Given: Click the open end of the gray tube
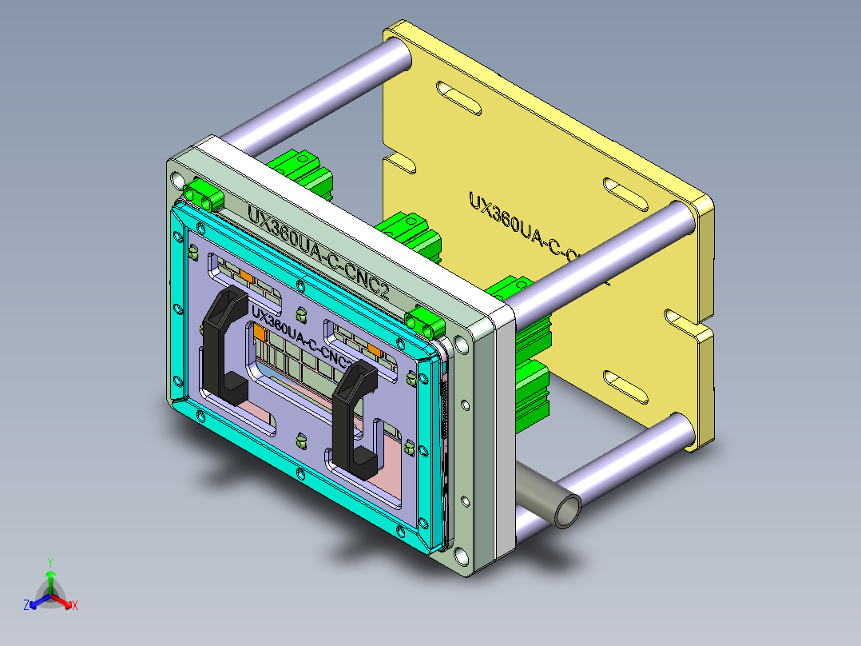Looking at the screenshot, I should pyautogui.click(x=568, y=511).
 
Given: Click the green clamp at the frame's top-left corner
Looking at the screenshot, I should pyautogui.click(x=201, y=193).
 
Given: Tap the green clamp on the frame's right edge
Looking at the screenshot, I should pyautogui.click(x=423, y=322).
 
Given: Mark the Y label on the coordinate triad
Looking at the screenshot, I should pyautogui.click(x=50, y=561).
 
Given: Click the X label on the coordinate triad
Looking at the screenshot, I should pyautogui.click(x=75, y=605).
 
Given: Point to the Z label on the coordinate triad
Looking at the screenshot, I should pyautogui.click(x=26, y=605).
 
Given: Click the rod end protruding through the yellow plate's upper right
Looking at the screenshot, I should pyautogui.click(x=676, y=221).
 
